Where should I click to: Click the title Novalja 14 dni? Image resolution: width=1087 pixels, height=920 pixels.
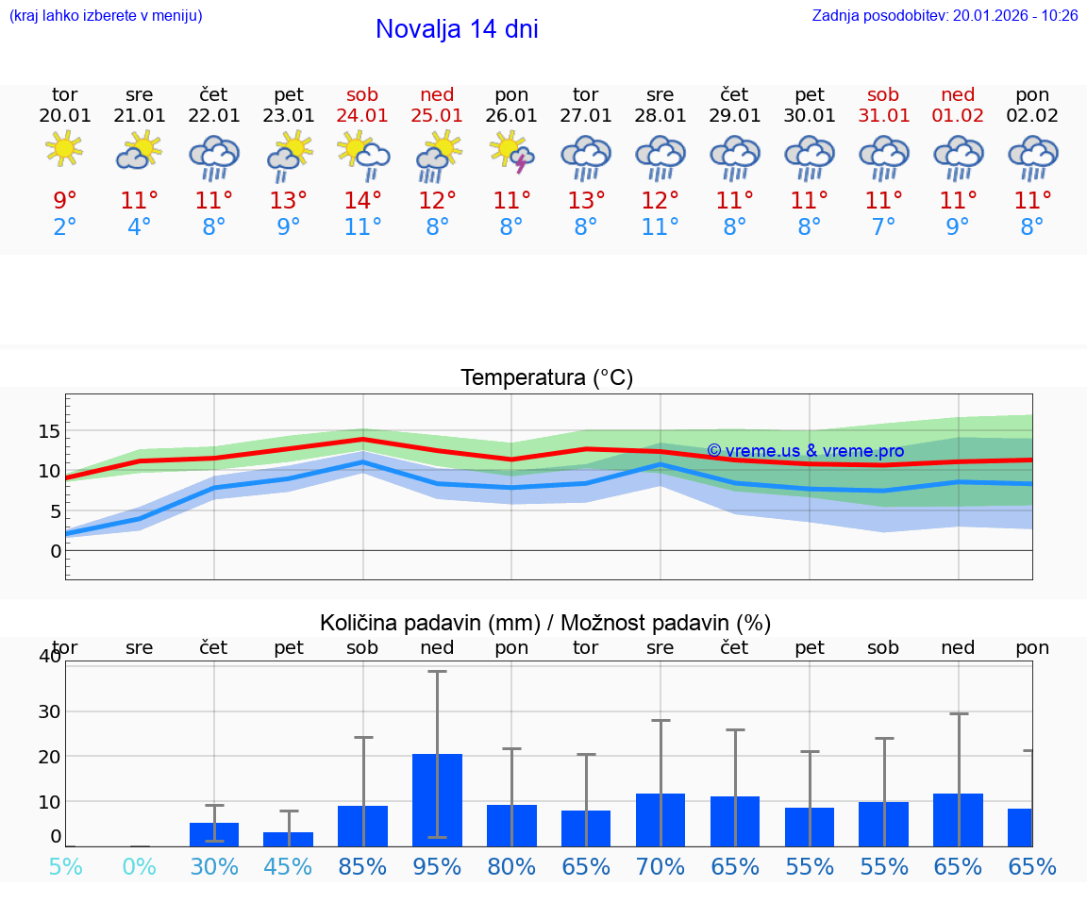click(x=457, y=29)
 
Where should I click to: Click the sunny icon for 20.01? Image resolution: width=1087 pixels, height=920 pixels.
click(x=64, y=148)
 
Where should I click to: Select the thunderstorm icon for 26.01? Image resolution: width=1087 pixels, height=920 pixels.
click(x=512, y=152)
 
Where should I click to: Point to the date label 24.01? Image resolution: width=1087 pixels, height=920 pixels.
click(x=362, y=115)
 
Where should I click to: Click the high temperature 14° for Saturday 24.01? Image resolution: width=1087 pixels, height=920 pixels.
click(x=362, y=201)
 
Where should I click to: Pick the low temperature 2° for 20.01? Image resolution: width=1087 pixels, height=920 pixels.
click(x=64, y=227)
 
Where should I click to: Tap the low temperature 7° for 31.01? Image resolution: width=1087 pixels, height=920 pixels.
click(x=883, y=227)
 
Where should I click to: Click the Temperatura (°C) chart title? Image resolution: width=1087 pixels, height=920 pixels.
click(x=546, y=378)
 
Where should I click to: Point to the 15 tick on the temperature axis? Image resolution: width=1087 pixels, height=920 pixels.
click(x=49, y=431)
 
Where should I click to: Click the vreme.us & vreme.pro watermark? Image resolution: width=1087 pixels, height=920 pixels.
click(x=805, y=451)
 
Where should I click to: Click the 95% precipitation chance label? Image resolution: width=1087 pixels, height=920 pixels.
click(x=437, y=867)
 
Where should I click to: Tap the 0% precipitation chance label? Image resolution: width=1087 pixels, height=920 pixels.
click(x=139, y=867)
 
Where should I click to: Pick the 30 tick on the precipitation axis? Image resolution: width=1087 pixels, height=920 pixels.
click(x=49, y=711)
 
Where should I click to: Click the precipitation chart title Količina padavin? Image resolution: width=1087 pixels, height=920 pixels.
click(x=545, y=623)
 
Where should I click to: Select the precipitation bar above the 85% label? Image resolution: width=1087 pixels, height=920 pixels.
click(x=362, y=826)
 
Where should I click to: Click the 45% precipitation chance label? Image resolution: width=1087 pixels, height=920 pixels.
click(x=288, y=867)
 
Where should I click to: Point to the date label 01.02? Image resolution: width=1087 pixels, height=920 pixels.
click(x=958, y=115)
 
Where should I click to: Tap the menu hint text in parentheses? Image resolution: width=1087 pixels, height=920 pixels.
click(x=106, y=15)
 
